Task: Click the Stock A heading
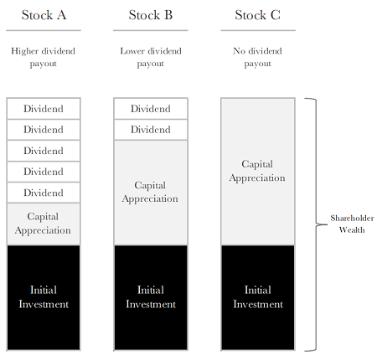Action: pyautogui.click(x=44, y=15)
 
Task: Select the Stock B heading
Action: pyautogui.click(x=151, y=15)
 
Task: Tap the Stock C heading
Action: pyautogui.click(x=257, y=15)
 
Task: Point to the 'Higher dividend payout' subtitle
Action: pyautogui.click(x=44, y=57)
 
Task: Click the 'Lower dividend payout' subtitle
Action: pyautogui.click(x=151, y=57)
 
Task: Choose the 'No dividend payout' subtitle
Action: pyautogui.click(x=257, y=57)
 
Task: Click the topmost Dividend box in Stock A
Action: pyautogui.click(x=44, y=109)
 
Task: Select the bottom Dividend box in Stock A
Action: pyautogui.click(x=44, y=193)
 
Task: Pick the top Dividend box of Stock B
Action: pyautogui.click(x=151, y=109)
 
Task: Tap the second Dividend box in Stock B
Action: pyautogui.click(x=151, y=130)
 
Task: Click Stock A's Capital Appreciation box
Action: pyautogui.click(x=44, y=224)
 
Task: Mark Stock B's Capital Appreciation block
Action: pyautogui.click(x=151, y=193)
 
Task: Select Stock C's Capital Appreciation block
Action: pyautogui.click(x=258, y=172)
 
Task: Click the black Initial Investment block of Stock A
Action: pyautogui.click(x=44, y=297)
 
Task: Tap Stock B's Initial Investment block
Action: pyautogui.click(x=151, y=297)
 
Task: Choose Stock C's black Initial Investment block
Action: pyautogui.click(x=258, y=297)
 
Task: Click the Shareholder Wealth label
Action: pyautogui.click(x=352, y=224)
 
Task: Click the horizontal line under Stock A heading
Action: pyautogui.click(x=44, y=30)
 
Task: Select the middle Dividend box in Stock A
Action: pyautogui.click(x=44, y=151)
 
